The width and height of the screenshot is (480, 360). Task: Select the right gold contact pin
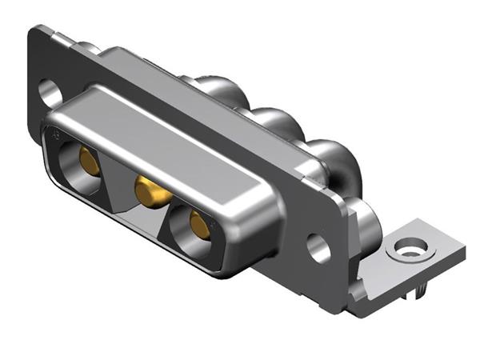[200, 227]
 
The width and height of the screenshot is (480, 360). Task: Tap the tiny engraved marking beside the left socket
[54, 138]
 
